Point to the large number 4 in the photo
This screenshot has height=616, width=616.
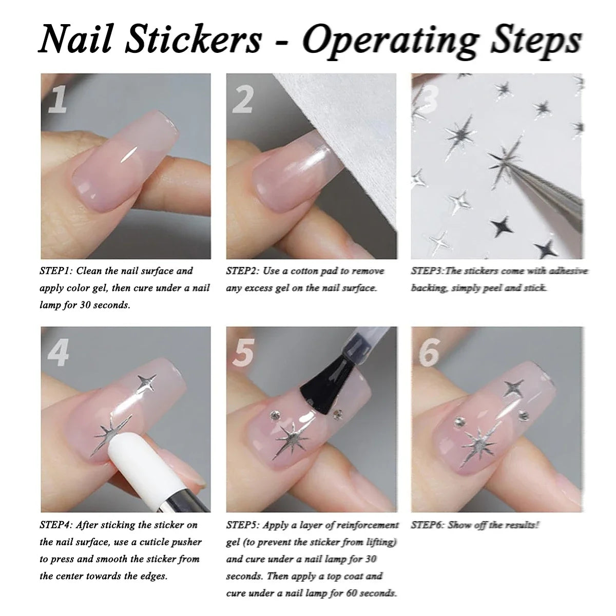click(58, 352)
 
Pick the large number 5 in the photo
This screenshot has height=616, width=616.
click(244, 352)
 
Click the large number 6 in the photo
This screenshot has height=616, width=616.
click(429, 352)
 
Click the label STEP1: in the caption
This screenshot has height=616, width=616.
click(56, 271)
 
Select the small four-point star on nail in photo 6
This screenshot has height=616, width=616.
click(514, 387)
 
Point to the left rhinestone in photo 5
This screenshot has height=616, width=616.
click(275, 416)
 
